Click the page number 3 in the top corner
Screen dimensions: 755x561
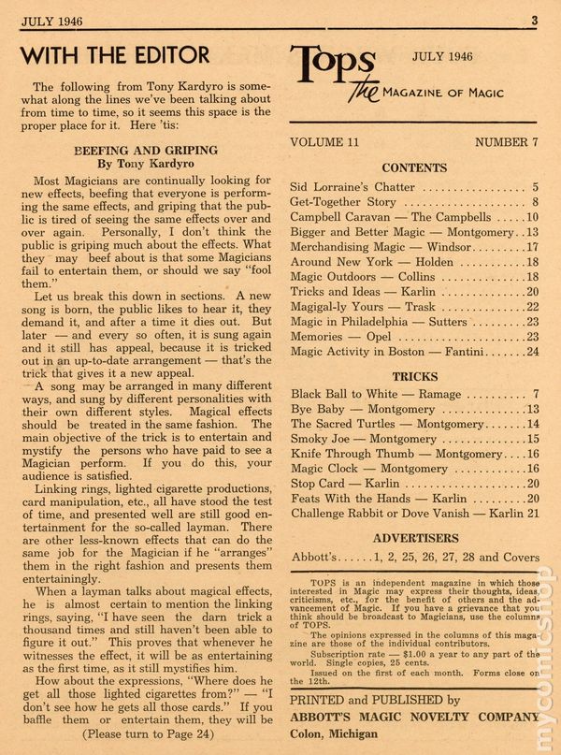pos(534,19)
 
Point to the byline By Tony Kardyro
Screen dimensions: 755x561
pos(145,164)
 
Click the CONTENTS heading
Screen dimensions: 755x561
pos(414,168)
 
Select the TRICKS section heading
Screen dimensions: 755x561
pos(414,376)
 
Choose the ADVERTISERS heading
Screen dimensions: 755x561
pos(414,539)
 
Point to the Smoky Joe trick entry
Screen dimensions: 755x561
pos(351,439)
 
